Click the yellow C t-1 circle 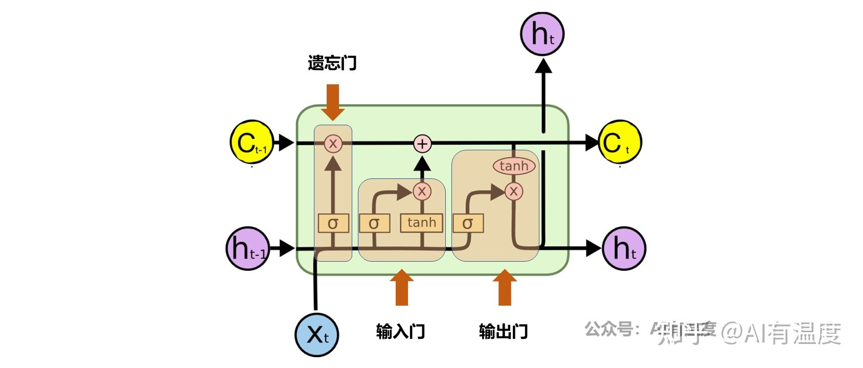pyautogui.click(x=251, y=143)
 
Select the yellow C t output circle pyautogui.click(x=620, y=143)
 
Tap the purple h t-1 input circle pyautogui.click(x=247, y=248)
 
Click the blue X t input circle pyautogui.click(x=316, y=335)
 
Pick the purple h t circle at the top pyautogui.click(x=542, y=34)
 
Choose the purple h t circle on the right pyautogui.click(x=624, y=248)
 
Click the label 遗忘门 pyautogui.click(x=332, y=63)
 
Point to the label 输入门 pyautogui.click(x=400, y=331)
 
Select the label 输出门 pyautogui.click(x=503, y=331)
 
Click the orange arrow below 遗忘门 pyautogui.click(x=333, y=102)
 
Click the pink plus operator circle pyautogui.click(x=422, y=144)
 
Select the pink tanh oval pyautogui.click(x=514, y=166)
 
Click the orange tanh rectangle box pyautogui.click(x=421, y=223)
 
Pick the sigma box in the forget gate pyautogui.click(x=333, y=223)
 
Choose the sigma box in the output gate pyautogui.click(x=468, y=223)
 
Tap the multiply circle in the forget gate pyautogui.click(x=333, y=144)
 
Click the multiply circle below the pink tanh pyautogui.click(x=514, y=192)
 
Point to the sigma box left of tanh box pyautogui.click(x=374, y=223)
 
